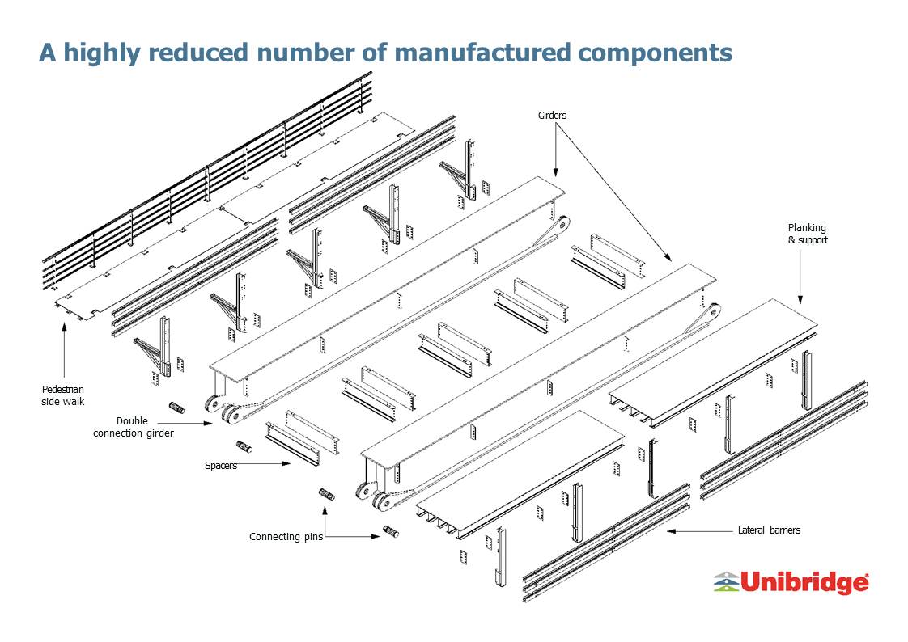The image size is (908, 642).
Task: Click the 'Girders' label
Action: (x=552, y=115)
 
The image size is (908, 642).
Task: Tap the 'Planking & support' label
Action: (x=807, y=234)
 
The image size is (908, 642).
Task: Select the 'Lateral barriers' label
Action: (x=769, y=530)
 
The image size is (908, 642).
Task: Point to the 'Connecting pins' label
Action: (x=286, y=537)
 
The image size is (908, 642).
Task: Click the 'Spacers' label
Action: (x=221, y=465)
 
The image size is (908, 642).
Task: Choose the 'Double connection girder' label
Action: (x=134, y=427)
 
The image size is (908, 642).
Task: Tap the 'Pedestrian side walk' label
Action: (x=62, y=395)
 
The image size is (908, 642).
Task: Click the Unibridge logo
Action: (x=791, y=582)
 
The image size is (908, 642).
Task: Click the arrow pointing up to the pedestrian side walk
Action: (x=64, y=349)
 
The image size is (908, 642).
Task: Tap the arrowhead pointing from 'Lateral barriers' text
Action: (x=671, y=530)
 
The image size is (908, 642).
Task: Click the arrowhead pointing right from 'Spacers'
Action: (x=286, y=463)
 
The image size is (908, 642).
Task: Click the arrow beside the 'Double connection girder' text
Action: (x=185, y=424)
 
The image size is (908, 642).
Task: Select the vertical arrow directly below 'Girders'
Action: (x=555, y=150)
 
